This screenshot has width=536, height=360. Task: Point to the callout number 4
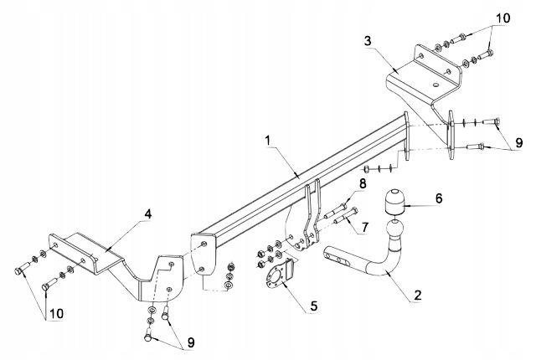pos(147,214)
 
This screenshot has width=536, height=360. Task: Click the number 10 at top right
pos(501,18)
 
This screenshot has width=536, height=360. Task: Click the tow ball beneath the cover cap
pos(394,228)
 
